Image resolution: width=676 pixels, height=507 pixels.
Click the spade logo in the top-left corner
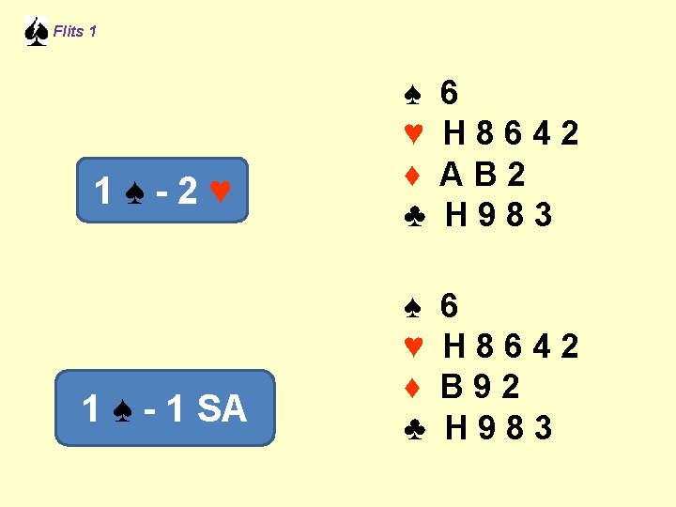tap(36, 32)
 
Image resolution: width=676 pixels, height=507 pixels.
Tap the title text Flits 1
tap(75, 32)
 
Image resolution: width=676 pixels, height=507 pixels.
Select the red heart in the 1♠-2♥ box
tap(220, 192)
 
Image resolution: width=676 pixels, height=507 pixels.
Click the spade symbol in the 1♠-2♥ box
tap(134, 192)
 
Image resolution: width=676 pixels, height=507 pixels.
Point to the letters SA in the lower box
tap(223, 408)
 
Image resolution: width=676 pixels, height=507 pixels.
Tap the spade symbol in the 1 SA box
tap(121, 409)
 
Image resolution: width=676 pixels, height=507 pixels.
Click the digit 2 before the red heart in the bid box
tap(188, 192)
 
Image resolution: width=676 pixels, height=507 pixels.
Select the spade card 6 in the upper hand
tap(450, 93)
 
